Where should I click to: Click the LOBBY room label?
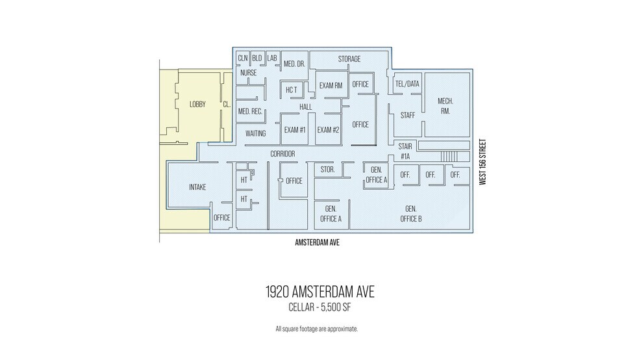[197, 104]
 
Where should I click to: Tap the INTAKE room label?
[197, 187]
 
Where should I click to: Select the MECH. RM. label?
[445, 107]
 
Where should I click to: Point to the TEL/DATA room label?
[407, 84]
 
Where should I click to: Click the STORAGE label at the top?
[349, 59]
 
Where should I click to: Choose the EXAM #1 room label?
[295, 130]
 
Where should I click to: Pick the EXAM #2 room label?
[328, 130]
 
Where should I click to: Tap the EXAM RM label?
[331, 85]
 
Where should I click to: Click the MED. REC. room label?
[250, 112]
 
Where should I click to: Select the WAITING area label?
[256, 133]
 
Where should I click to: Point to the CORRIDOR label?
[282, 154]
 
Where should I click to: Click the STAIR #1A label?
[405, 151]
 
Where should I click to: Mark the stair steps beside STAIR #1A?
[449, 156]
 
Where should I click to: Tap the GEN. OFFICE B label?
[410, 214]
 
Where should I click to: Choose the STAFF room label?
[407, 115]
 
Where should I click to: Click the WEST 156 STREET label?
[482, 162]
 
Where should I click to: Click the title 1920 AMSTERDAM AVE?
[319, 292]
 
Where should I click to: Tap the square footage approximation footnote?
[316, 329]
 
